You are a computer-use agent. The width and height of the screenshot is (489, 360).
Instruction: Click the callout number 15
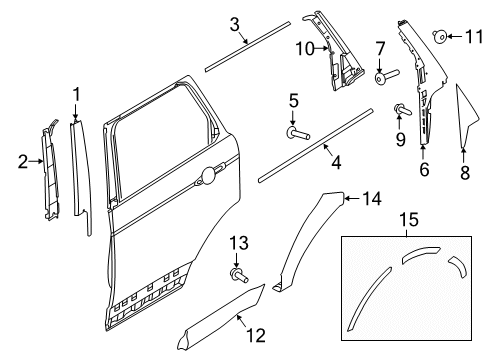tap(409, 220)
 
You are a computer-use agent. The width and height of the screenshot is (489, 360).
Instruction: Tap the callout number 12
tap(256, 335)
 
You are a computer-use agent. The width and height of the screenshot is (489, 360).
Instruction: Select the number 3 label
tap(235, 25)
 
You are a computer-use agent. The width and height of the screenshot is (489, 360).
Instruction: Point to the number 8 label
tap(465, 173)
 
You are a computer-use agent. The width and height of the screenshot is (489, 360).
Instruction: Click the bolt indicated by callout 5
tap(298, 134)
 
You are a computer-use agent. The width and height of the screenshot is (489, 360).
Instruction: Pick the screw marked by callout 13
tap(239, 276)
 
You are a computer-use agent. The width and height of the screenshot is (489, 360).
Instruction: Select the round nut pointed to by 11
tap(440, 36)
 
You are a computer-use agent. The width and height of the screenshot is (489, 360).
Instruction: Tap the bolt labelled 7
tap(386, 77)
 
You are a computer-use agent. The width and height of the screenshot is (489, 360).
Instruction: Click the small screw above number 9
tap(402, 110)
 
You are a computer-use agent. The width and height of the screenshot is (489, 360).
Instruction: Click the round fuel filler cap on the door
tap(209, 175)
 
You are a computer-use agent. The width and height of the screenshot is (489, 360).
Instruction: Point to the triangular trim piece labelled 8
tap(466, 116)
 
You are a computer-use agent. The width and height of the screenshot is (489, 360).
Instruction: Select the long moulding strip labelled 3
tap(248, 46)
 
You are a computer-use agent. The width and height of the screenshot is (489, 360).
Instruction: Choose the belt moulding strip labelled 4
tap(315, 145)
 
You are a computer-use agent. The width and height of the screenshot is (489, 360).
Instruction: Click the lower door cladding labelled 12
tap(221, 318)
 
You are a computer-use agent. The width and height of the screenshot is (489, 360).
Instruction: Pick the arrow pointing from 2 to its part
tap(36, 161)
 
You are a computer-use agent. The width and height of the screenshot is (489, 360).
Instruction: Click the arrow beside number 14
tap(352, 199)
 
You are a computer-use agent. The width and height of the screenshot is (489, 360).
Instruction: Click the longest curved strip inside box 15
tap(369, 299)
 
